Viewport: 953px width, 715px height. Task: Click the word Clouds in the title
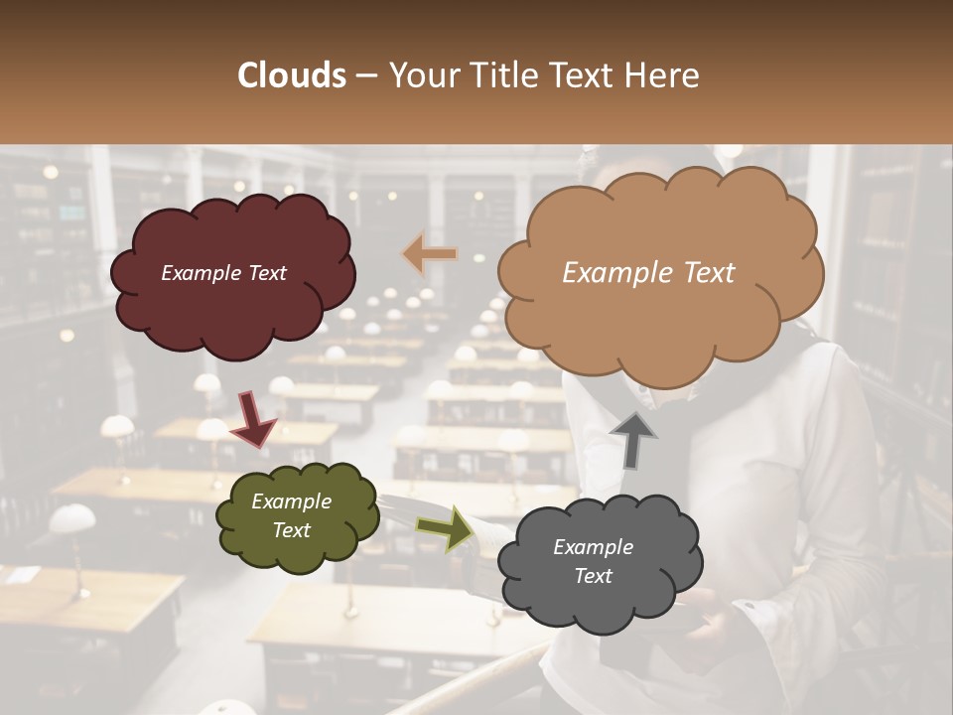click(x=292, y=75)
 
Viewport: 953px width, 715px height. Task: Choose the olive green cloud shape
click(x=296, y=516)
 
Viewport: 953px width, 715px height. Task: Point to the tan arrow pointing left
click(x=430, y=255)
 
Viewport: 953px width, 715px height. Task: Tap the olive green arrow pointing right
click(x=445, y=529)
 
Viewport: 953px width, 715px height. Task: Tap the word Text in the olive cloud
click(x=292, y=530)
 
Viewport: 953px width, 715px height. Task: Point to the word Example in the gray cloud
click(x=593, y=547)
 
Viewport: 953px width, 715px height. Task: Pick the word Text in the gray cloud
click(x=593, y=576)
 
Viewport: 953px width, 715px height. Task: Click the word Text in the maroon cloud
click(x=267, y=273)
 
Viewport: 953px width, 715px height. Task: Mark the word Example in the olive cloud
click(x=292, y=501)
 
